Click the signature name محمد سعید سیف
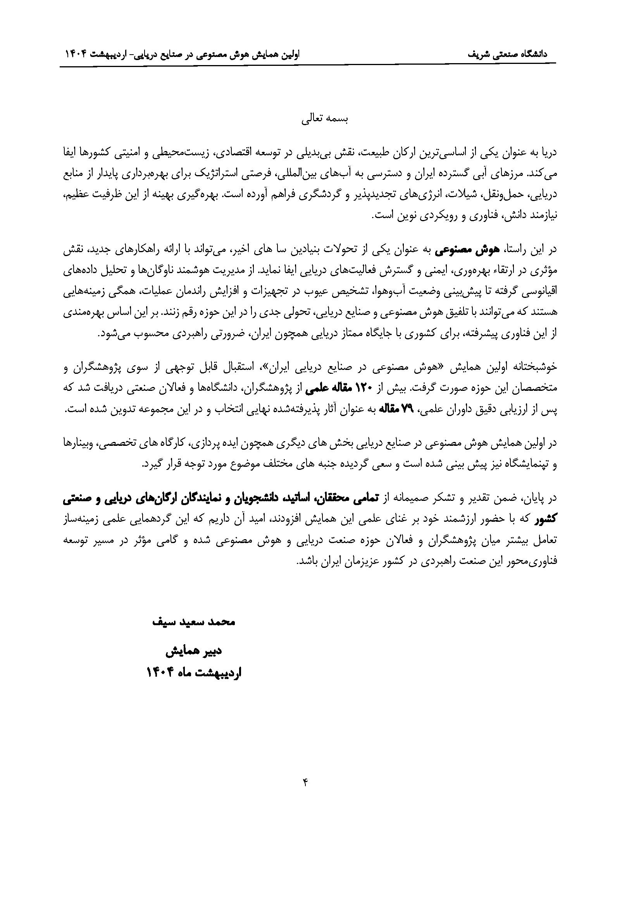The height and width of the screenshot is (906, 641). click(194, 622)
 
